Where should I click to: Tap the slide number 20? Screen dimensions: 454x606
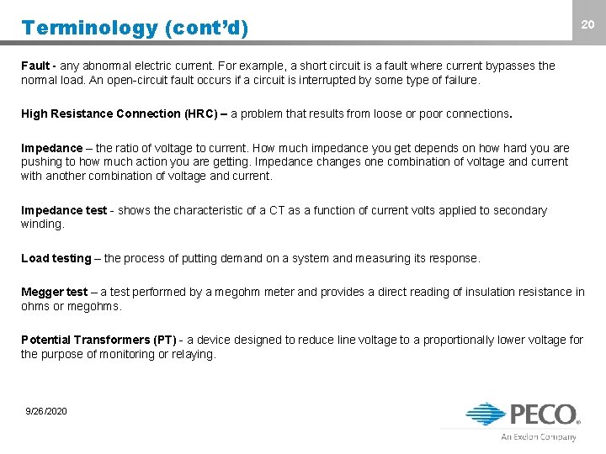[588, 25]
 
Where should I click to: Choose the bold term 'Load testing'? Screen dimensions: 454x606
[56, 258]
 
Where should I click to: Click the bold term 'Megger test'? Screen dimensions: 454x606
[54, 292]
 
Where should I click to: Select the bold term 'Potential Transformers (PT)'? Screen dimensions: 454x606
[98, 340]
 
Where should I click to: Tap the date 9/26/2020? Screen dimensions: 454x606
[46, 411]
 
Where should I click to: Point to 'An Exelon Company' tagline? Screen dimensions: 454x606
[539, 436]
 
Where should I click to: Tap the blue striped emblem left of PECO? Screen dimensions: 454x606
[486, 414]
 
